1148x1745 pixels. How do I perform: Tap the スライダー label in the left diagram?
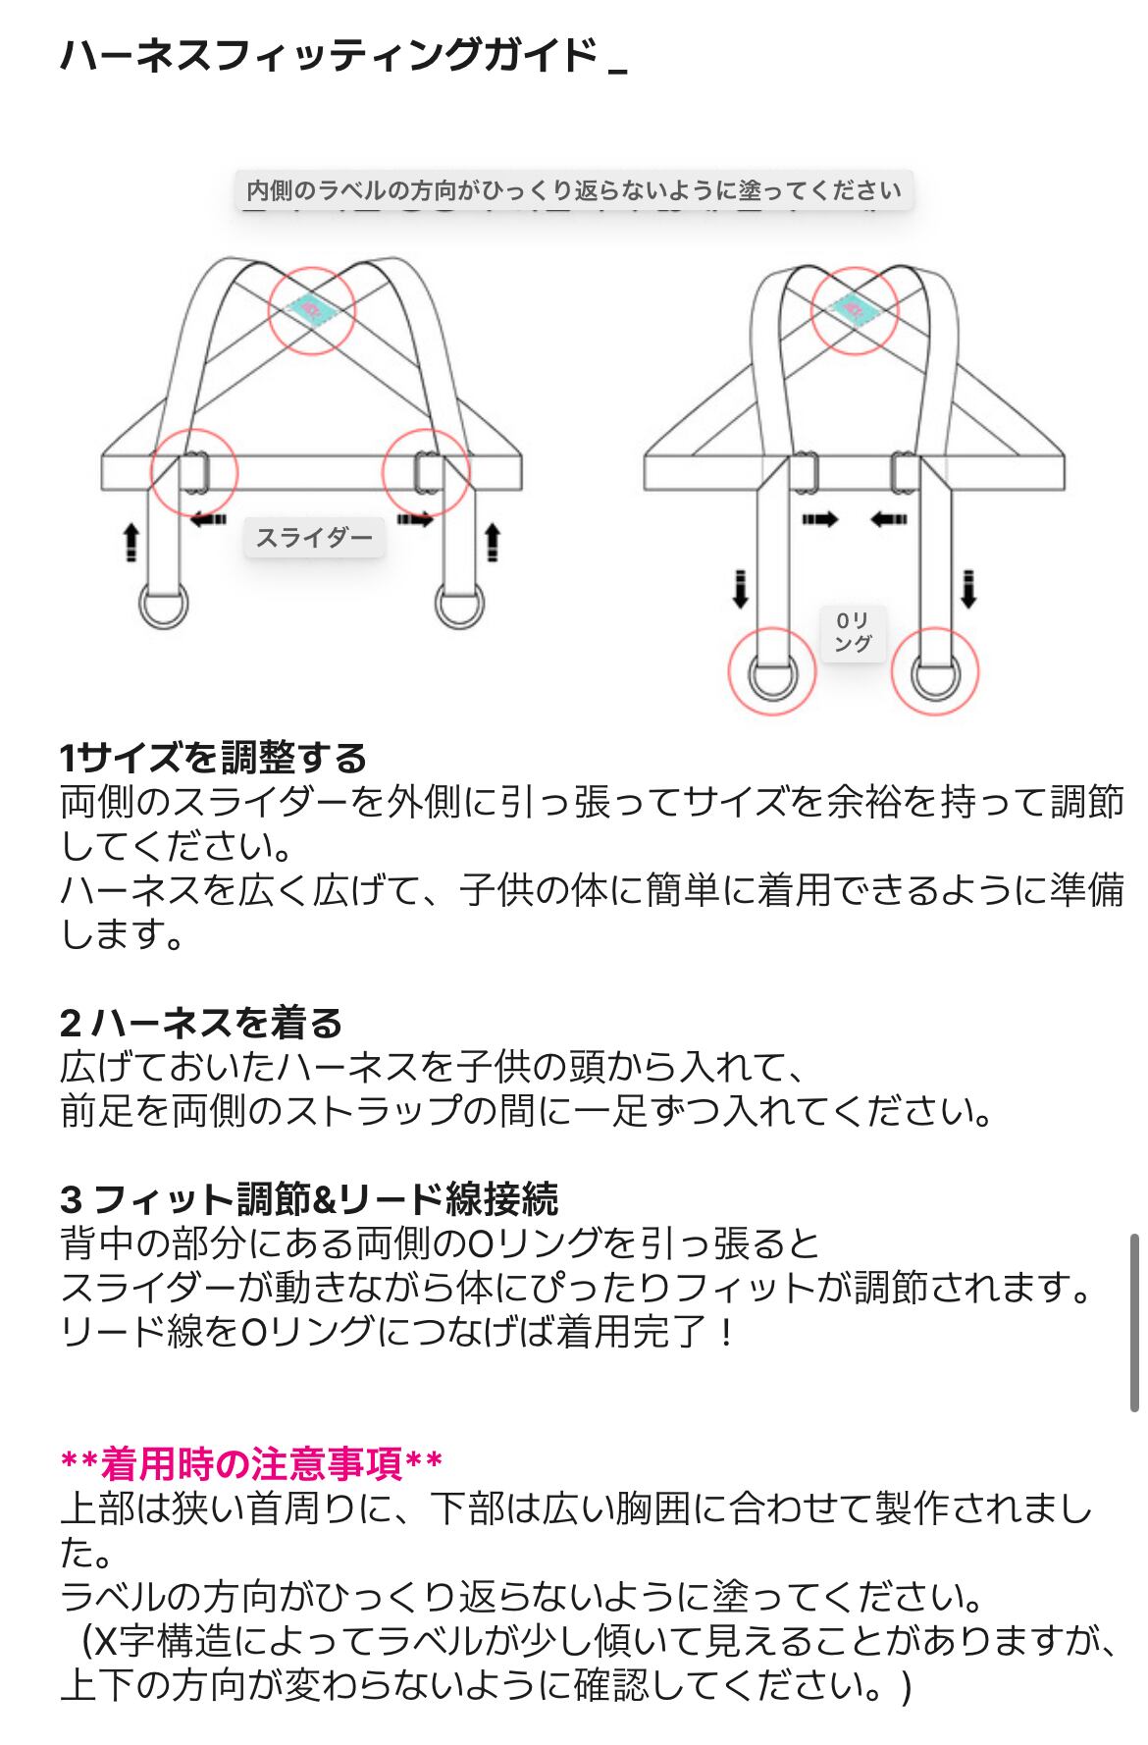coord(314,537)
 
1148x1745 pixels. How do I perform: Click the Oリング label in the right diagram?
coord(852,632)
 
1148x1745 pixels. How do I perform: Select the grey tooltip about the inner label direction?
coord(574,189)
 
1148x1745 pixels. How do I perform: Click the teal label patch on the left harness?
coord(312,307)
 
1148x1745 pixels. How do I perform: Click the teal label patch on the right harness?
coord(853,306)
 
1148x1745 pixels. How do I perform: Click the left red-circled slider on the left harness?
coord(193,472)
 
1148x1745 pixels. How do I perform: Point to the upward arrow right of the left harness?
coord(493,543)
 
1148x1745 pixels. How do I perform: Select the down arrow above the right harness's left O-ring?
coord(740,588)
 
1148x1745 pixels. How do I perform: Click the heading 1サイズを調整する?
coord(213,758)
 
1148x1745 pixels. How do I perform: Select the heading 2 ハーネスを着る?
coord(201,1023)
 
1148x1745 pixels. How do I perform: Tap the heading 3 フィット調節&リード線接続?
coord(309,1199)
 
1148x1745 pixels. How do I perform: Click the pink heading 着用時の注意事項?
coord(251,1464)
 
